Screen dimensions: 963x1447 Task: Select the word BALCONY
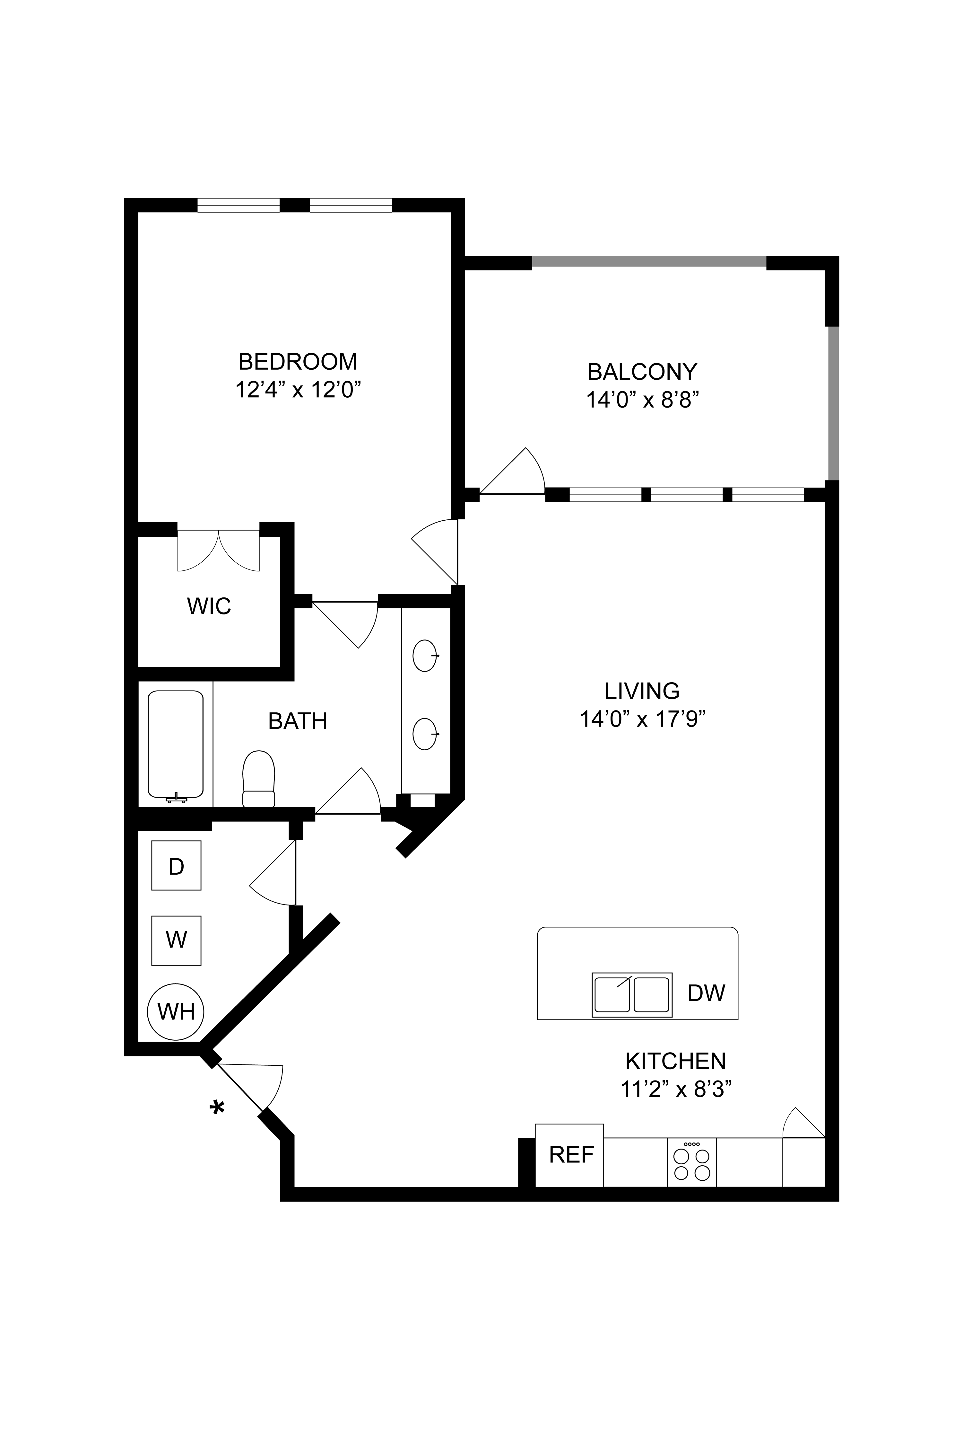coord(642,372)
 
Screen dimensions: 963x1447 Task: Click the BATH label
coord(298,721)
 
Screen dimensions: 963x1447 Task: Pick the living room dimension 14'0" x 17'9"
coord(642,719)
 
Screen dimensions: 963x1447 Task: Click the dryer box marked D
coord(176,865)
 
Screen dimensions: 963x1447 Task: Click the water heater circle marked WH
coord(176,1011)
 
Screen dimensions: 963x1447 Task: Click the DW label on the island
coord(706,992)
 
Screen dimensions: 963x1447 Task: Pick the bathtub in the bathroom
coord(176,746)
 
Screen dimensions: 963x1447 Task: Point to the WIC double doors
coord(219,551)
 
